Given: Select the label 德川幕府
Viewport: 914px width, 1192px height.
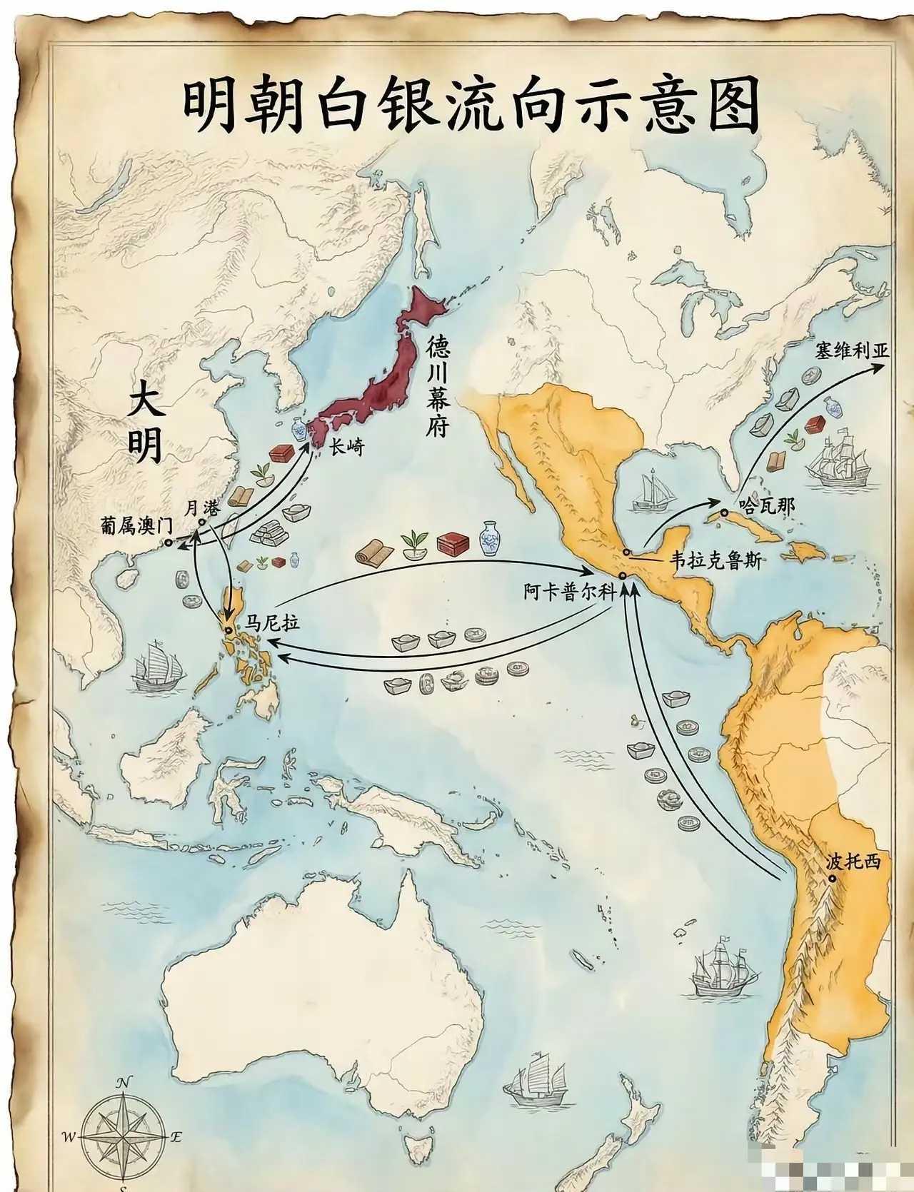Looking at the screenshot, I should click(437, 388).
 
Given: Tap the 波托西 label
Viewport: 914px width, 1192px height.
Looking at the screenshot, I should click(853, 862).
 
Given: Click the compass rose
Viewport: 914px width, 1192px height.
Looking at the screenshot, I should click(124, 1135).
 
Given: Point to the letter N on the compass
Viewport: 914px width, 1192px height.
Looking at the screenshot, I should click(124, 1083).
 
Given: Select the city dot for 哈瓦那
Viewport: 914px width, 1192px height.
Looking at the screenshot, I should click(724, 512).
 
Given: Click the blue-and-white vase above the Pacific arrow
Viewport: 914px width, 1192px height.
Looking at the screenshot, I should click(490, 537).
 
